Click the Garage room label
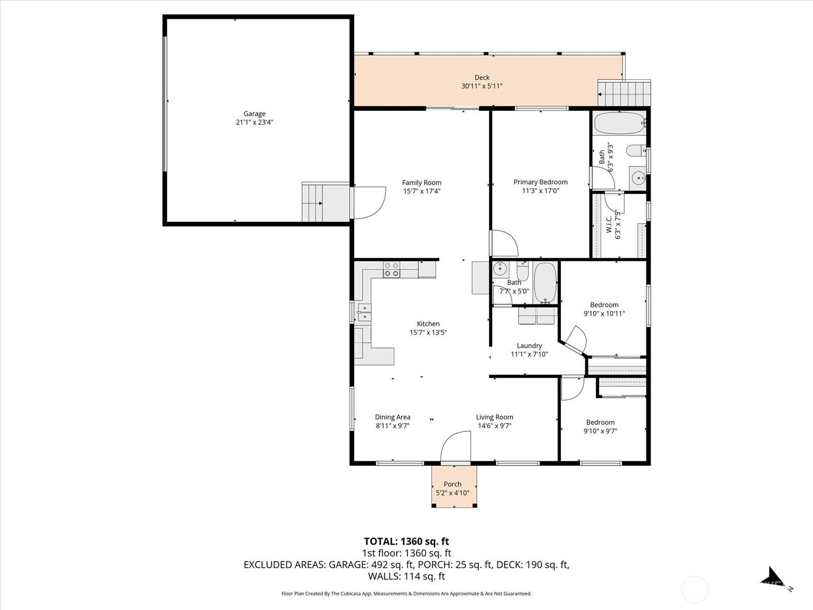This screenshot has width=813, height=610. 254,114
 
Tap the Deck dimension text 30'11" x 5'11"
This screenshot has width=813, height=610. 482,86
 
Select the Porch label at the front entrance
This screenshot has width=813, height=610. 452,484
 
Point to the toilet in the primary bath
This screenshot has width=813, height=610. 636,151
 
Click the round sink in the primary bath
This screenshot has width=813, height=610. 638,178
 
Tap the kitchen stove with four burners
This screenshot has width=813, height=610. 391,269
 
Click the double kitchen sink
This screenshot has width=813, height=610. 364,312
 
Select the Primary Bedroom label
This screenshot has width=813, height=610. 540,182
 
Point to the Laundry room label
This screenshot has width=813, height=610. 529,346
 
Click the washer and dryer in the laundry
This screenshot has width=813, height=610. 537,316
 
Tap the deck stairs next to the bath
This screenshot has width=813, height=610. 624,93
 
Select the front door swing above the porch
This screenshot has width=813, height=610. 456,447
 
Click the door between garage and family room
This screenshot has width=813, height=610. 368,202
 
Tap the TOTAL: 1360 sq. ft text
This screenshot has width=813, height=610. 407,541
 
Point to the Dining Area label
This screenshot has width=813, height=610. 392,417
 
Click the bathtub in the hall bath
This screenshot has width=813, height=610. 545,283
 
